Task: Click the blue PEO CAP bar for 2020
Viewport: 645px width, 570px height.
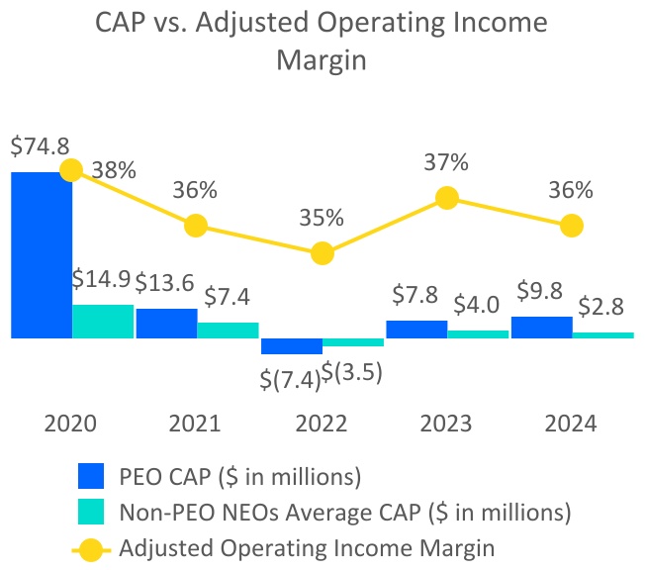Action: point(41,254)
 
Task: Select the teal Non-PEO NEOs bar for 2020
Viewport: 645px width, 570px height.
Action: point(103,322)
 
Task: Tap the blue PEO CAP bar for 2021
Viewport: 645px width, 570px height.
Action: point(165,324)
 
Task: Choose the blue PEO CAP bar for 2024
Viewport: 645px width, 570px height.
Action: point(540,328)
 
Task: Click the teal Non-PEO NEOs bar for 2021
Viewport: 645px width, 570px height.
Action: point(228,331)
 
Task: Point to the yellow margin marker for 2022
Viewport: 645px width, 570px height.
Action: point(322,254)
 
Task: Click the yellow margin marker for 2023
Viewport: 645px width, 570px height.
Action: point(447,198)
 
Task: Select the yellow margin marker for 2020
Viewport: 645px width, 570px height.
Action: point(70,170)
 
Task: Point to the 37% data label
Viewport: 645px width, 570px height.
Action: point(447,162)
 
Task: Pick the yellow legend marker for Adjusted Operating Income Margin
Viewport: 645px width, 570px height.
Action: point(92,544)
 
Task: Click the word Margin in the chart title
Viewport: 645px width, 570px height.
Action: point(322,60)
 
